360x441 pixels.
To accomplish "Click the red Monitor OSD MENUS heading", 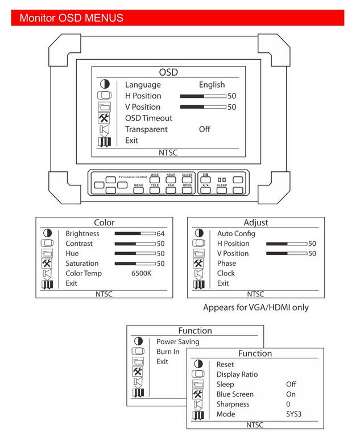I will (71, 18).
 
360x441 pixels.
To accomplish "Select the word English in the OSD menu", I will (212, 85).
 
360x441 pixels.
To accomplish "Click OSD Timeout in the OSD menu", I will (148, 118).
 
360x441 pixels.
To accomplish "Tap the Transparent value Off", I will (204, 129).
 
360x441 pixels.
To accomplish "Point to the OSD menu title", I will (168, 72).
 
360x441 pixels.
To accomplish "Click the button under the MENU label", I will (138, 191).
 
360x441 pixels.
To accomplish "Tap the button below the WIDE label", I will (155, 179).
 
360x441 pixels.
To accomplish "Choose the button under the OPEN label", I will (187, 191).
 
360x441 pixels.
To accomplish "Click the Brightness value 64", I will (160, 233).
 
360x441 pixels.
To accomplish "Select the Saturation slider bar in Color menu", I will (135, 263).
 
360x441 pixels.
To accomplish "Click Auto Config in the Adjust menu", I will (236, 233).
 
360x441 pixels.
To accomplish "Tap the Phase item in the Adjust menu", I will (226, 263).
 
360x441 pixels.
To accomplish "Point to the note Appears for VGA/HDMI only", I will (256, 307).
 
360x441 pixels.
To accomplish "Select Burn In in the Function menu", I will (168, 352).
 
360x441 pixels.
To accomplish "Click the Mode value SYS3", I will (293, 414).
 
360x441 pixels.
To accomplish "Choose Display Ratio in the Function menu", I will (237, 374).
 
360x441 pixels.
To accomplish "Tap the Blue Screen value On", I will (291, 394).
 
